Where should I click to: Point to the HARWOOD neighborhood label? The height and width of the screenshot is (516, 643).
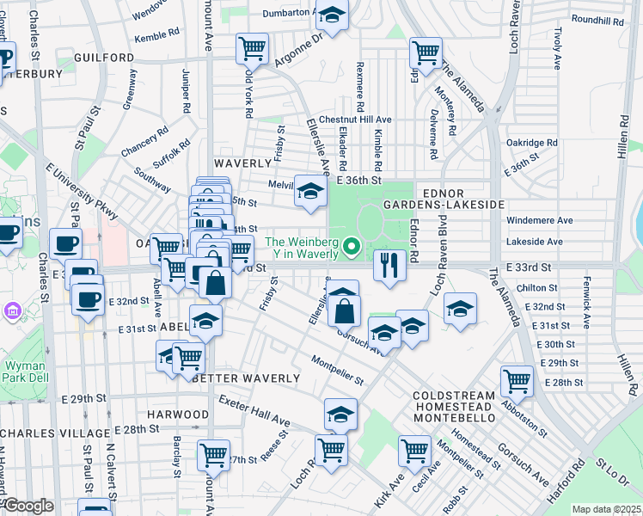point(178,414)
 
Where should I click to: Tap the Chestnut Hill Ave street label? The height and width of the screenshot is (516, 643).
point(355,120)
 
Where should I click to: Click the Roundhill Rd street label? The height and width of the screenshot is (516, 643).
point(595,19)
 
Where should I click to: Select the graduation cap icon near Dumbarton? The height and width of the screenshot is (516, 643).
point(332,15)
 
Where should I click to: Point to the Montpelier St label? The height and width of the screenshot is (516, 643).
point(338,370)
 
